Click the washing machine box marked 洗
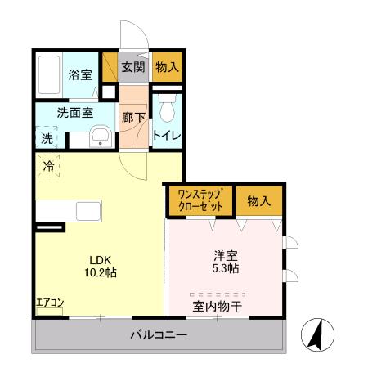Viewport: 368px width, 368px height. click(x=46, y=137)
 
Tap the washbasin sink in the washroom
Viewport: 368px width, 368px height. click(x=101, y=137)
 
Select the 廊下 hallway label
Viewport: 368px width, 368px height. click(x=134, y=117)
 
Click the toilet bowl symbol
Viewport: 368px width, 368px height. click(x=167, y=108)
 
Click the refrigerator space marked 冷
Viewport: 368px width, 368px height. click(x=49, y=166)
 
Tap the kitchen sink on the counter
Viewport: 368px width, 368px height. click(x=88, y=211)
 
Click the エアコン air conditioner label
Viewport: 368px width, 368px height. click(x=50, y=303)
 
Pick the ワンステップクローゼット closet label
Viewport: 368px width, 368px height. click(x=200, y=200)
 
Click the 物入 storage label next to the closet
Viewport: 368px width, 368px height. click(x=259, y=200)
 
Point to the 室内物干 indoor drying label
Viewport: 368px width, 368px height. click(x=217, y=307)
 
